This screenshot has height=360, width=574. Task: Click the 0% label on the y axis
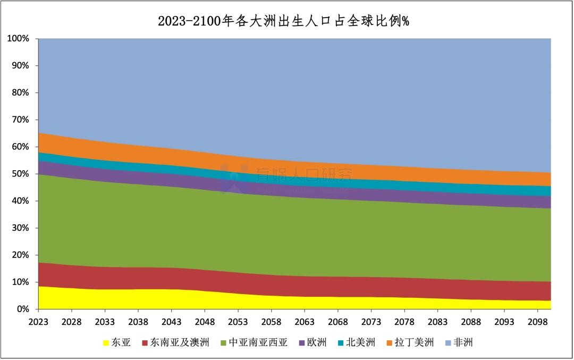(22, 309)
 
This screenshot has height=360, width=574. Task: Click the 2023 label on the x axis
(38, 322)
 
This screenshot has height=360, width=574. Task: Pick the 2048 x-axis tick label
(205, 322)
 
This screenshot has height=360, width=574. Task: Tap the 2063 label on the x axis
(305, 322)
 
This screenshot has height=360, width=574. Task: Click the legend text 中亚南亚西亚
(258, 342)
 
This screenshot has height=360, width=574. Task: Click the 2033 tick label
(105, 322)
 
